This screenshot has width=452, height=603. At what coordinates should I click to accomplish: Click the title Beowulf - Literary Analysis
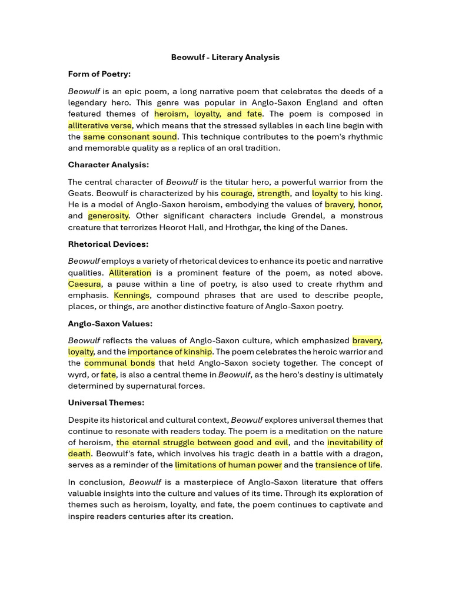pyautogui.click(x=225, y=57)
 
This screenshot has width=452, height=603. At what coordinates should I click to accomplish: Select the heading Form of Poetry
pyautogui.click(x=99, y=74)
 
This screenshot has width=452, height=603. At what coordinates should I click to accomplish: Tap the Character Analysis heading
pyautogui.click(x=108, y=165)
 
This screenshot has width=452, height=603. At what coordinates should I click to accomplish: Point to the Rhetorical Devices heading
pyautogui.click(x=108, y=244)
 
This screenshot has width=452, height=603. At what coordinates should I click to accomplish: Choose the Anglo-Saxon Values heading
pyautogui.click(x=110, y=324)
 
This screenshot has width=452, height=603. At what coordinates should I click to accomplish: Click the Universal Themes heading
pyautogui.click(x=106, y=403)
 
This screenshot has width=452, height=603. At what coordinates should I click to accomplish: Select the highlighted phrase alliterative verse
pyautogui.click(x=100, y=125)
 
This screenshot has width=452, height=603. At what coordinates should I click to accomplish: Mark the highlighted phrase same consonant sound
pyautogui.click(x=130, y=137)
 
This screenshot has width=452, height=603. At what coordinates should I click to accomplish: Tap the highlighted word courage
pyautogui.click(x=237, y=193)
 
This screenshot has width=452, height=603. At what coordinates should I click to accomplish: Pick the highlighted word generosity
pyautogui.click(x=108, y=216)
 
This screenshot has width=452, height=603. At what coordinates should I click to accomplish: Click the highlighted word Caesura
pyautogui.click(x=84, y=284)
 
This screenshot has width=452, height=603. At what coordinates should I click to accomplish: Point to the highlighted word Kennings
pyautogui.click(x=132, y=296)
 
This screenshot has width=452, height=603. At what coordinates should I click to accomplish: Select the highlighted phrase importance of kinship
pyautogui.click(x=170, y=352)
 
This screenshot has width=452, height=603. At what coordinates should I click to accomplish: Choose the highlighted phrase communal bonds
pyautogui.click(x=119, y=363)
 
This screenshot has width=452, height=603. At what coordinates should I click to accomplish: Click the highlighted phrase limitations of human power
pyautogui.click(x=228, y=465)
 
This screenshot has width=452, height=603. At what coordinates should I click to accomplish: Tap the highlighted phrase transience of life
pyautogui.click(x=347, y=465)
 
